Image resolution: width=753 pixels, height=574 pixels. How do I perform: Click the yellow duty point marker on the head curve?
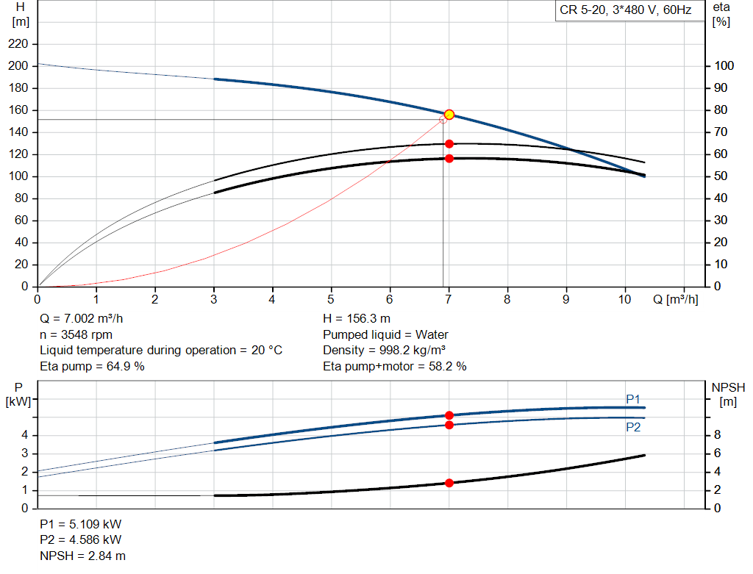click(x=449, y=115)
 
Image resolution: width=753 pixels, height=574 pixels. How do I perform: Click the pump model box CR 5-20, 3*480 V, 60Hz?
click(x=624, y=12)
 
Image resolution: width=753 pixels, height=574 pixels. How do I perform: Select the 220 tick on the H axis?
click(x=18, y=44)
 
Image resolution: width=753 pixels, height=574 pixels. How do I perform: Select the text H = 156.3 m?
click(x=357, y=320)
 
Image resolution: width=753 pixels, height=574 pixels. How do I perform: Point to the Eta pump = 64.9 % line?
click(x=92, y=366)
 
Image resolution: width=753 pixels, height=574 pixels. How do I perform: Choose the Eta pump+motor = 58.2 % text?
click(x=394, y=366)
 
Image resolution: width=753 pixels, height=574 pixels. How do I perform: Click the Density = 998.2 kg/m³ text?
click(x=385, y=351)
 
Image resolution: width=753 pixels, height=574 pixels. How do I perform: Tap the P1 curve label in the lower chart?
click(x=633, y=399)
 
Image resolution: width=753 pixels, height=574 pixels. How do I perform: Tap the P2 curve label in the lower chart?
click(x=633, y=427)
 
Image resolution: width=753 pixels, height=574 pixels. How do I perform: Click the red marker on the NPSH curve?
click(x=449, y=483)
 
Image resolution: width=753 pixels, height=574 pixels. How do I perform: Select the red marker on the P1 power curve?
click(x=449, y=415)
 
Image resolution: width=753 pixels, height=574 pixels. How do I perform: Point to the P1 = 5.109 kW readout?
click(x=81, y=525)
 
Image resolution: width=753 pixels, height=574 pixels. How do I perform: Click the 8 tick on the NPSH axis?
click(x=718, y=435)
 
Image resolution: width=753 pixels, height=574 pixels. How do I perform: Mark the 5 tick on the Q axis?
click(x=331, y=299)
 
